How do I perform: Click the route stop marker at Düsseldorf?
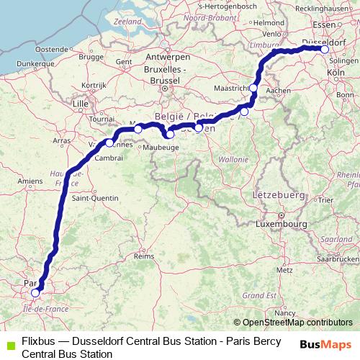325,49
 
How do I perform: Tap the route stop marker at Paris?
35,293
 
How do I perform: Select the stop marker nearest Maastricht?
253,88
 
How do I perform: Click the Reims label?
145,255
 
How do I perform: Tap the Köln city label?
336,73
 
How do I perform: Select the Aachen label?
283,90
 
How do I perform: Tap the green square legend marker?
8,343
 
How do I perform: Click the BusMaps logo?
325,344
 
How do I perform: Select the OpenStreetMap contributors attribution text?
293,323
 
